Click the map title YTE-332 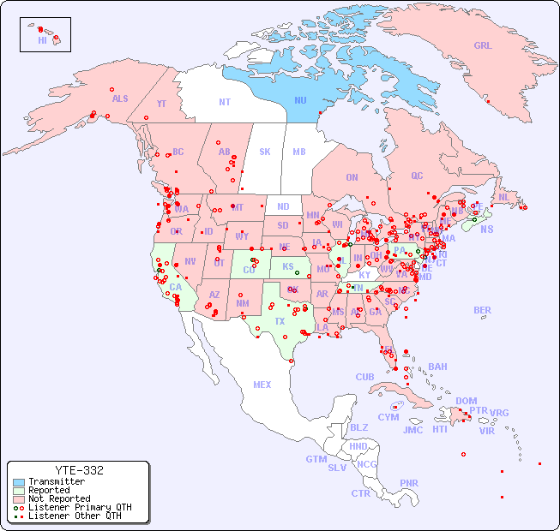click(79, 470)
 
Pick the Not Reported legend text click(59, 499)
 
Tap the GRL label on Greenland click(483, 46)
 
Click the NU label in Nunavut click(300, 100)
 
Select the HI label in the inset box click(42, 40)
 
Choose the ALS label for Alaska click(120, 99)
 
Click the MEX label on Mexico click(262, 385)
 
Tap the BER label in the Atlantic click(482, 311)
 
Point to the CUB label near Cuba click(365, 378)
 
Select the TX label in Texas click(280, 321)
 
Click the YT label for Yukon click(161, 104)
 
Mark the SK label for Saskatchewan click(265, 152)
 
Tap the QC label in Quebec click(417, 176)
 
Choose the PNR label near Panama click(409, 483)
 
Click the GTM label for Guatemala click(316, 459)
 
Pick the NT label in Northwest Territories click(225, 102)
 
